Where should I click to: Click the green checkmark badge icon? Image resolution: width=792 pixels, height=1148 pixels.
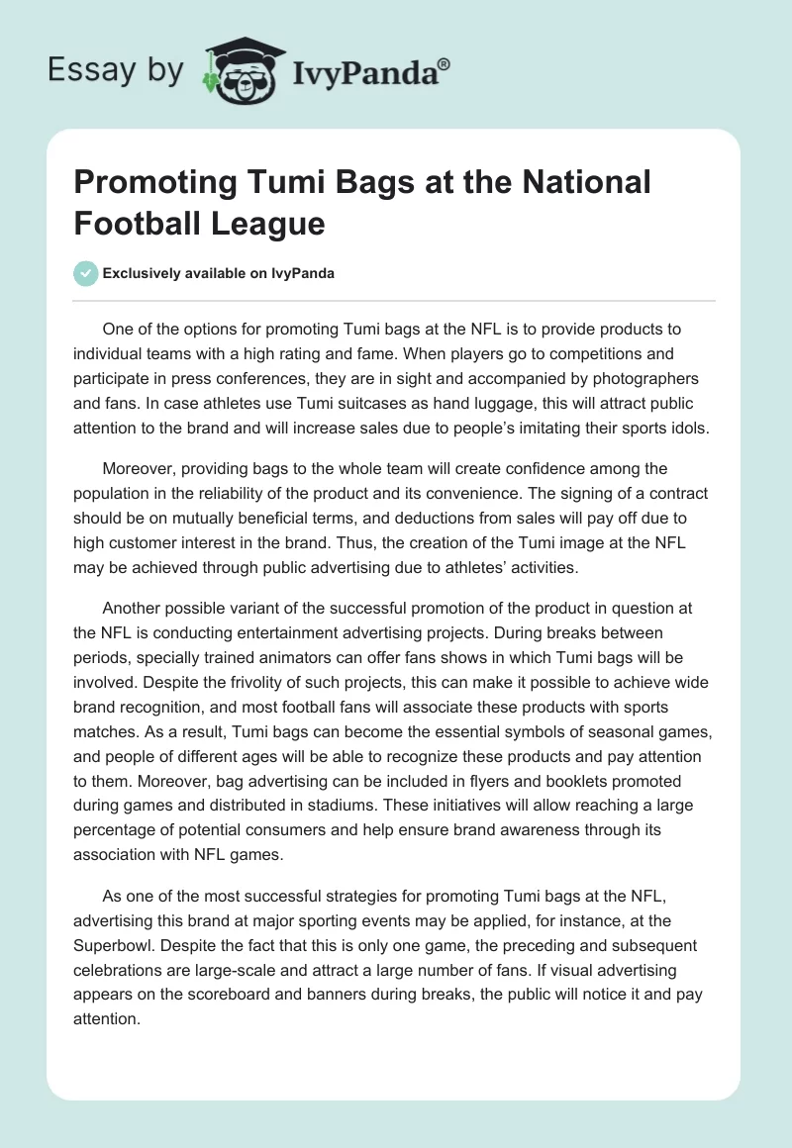pyautogui.click(x=86, y=273)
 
